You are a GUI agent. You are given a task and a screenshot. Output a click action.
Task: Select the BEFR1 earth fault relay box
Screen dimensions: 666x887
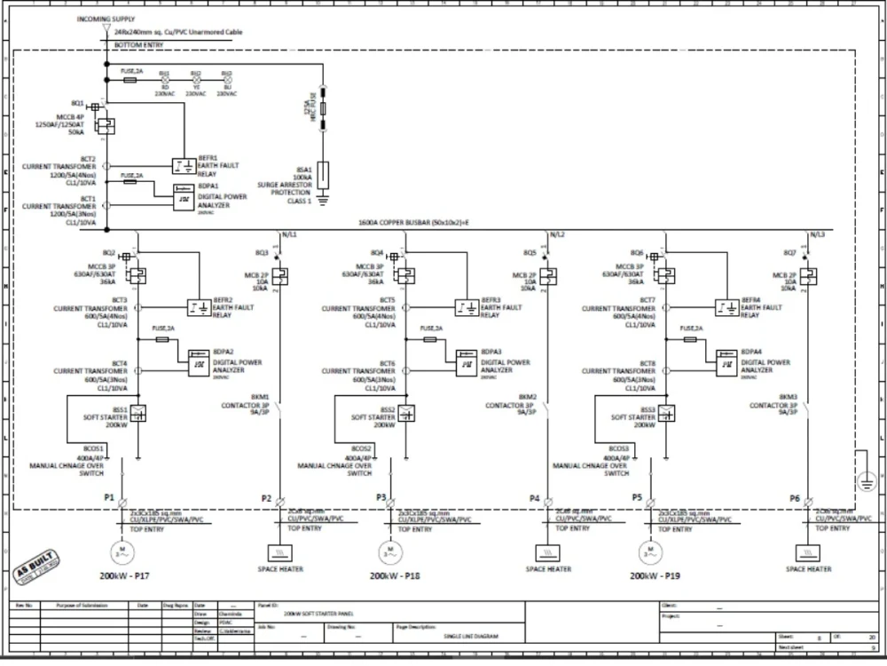coord(183,166)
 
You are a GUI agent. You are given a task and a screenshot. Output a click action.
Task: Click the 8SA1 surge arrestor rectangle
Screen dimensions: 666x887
coord(325,172)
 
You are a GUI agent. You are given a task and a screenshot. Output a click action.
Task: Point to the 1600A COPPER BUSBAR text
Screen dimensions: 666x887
coord(412,224)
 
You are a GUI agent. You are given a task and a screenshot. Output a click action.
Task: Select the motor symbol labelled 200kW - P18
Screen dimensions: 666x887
coord(387,551)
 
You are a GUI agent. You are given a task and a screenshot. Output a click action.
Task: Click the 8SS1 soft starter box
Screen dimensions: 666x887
coord(138,413)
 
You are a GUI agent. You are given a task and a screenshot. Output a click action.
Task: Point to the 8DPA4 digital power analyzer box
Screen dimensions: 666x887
coord(726,362)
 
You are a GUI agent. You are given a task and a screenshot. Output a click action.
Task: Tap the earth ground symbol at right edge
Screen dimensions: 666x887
coord(866,480)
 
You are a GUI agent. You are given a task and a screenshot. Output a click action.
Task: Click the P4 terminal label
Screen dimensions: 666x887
coord(534,499)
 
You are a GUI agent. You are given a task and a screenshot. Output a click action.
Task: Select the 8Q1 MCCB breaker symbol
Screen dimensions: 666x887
coord(105,125)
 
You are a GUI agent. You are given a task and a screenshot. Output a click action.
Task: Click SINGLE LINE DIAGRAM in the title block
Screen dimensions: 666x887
coord(471,636)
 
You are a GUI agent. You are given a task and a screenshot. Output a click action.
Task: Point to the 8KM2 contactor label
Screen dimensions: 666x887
coord(527,397)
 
